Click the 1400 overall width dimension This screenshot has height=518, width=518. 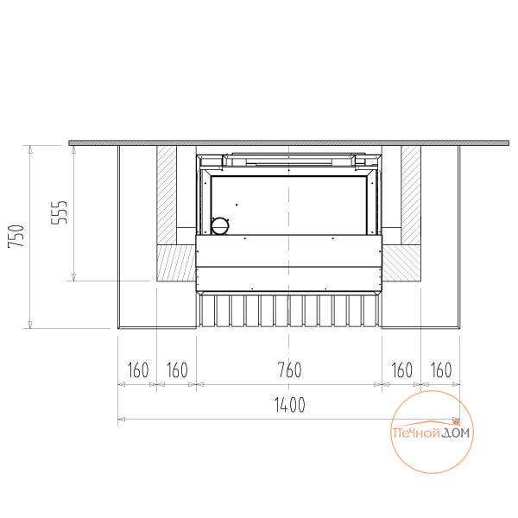290,405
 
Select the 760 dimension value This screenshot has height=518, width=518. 290,370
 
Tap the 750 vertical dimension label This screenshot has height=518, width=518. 16,236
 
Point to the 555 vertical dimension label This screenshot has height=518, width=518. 60,212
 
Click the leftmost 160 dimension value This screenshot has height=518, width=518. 138,370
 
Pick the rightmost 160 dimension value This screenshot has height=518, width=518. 441,370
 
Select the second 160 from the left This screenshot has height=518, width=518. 177,370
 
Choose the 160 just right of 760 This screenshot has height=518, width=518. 401,370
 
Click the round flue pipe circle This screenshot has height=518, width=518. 220,226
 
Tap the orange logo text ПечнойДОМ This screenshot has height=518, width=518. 431,433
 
